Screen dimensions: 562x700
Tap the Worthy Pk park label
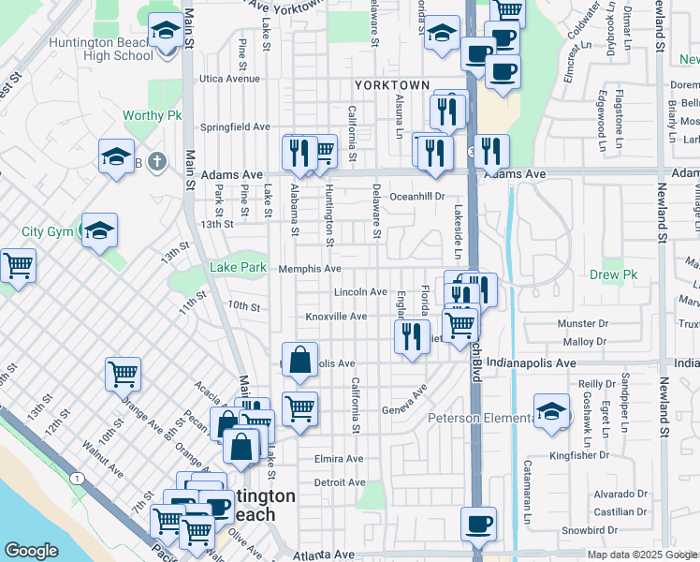(152, 116)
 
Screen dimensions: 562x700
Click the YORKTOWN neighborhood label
(391, 85)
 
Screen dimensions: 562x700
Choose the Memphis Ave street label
(310, 269)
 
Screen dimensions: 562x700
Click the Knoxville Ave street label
(336, 317)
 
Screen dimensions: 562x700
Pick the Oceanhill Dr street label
(417, 197)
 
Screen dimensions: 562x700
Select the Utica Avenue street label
(227, 79)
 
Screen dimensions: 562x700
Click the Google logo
(31, 551)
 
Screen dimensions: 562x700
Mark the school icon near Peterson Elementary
(551, 410)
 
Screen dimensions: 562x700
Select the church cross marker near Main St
(157, 161)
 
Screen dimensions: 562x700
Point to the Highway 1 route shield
(72, 479)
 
